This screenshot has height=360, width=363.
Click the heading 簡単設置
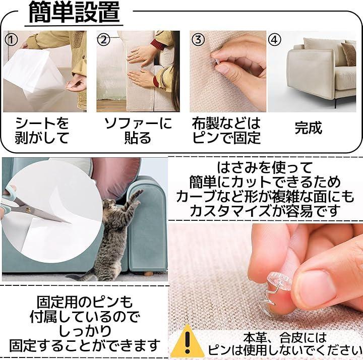coord(74,12)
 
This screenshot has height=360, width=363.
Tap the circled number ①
coord(11,40)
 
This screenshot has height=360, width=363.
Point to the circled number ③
coord(198,40)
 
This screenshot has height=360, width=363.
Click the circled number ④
coord(274,40)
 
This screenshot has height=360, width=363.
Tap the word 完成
coord(309,128)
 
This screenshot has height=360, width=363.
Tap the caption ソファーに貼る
coord(138,131)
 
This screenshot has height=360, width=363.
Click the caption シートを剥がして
coord(42,131)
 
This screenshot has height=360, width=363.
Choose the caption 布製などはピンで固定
coord(226,131)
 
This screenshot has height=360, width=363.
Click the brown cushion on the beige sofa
coord(349,54)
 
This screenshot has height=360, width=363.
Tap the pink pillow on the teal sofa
coord(116,178)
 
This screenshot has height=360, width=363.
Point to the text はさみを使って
coord(264,167)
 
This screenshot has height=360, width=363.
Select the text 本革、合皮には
coord(285,338)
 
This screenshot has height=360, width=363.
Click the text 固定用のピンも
coord(85,302)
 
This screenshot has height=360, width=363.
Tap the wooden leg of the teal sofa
coord(148,274)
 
